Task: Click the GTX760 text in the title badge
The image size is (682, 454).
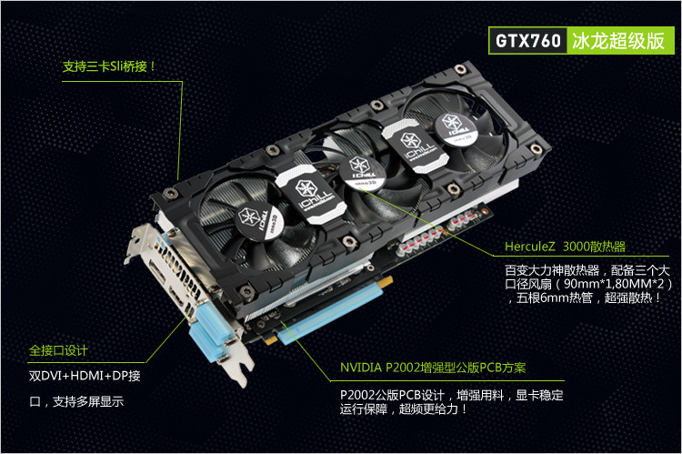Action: pos(528,41)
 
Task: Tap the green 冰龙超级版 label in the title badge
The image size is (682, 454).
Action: pos(618,41)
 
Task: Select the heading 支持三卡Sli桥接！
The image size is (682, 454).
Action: pos(109,66)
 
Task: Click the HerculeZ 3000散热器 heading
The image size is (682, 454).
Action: pos(565,247)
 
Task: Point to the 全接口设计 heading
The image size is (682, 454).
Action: pos(59,350)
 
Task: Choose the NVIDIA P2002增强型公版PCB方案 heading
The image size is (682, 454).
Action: pos(433,368)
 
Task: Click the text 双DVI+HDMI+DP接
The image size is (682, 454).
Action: pos(85,376)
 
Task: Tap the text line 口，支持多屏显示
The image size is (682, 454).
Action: pos(76,401)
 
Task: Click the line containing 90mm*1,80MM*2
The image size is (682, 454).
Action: pos(588,284)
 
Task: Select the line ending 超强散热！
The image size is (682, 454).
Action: pos(585,298)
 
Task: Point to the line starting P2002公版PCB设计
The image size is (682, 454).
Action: pos(451,395)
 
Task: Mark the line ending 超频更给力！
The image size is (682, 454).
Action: pos(404,409)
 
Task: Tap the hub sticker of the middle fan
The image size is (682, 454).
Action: pos(362,173)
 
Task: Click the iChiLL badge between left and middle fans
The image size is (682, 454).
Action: pos(311,193)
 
